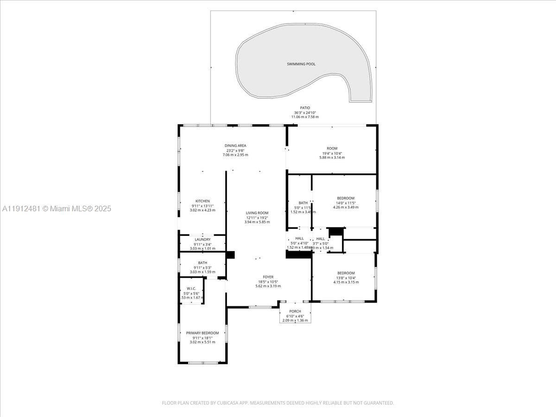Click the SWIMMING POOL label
(x=301, y=64)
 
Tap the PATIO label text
(x=305, y=108)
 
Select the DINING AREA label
(x=235, y=145)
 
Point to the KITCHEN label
(x=202, y=201)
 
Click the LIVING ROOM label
(x=257, y=213)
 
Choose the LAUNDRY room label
(x=202, y=240)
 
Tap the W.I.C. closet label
(x=191, y=288)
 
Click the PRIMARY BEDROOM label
(x=202, y=333)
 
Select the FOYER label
(x=268, y=277)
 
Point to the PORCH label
(x=295, y=311)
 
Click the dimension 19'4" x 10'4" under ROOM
(x=332, y=153)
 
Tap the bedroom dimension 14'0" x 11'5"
(x=346, y=203)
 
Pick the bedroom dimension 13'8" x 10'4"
(x=346, y=278)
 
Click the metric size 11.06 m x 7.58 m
(x=305, y=117)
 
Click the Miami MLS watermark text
(x=57, y=209)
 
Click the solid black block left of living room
(x=230, y=255)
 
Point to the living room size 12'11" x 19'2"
(x=257, y=218)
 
